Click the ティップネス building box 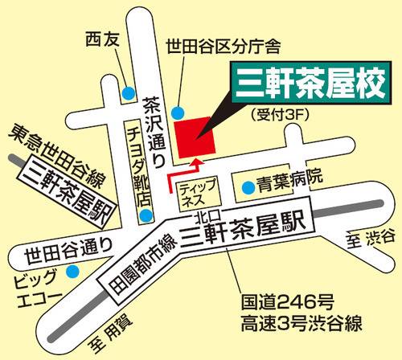pos(201,193)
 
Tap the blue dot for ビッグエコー pos(72,272)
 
